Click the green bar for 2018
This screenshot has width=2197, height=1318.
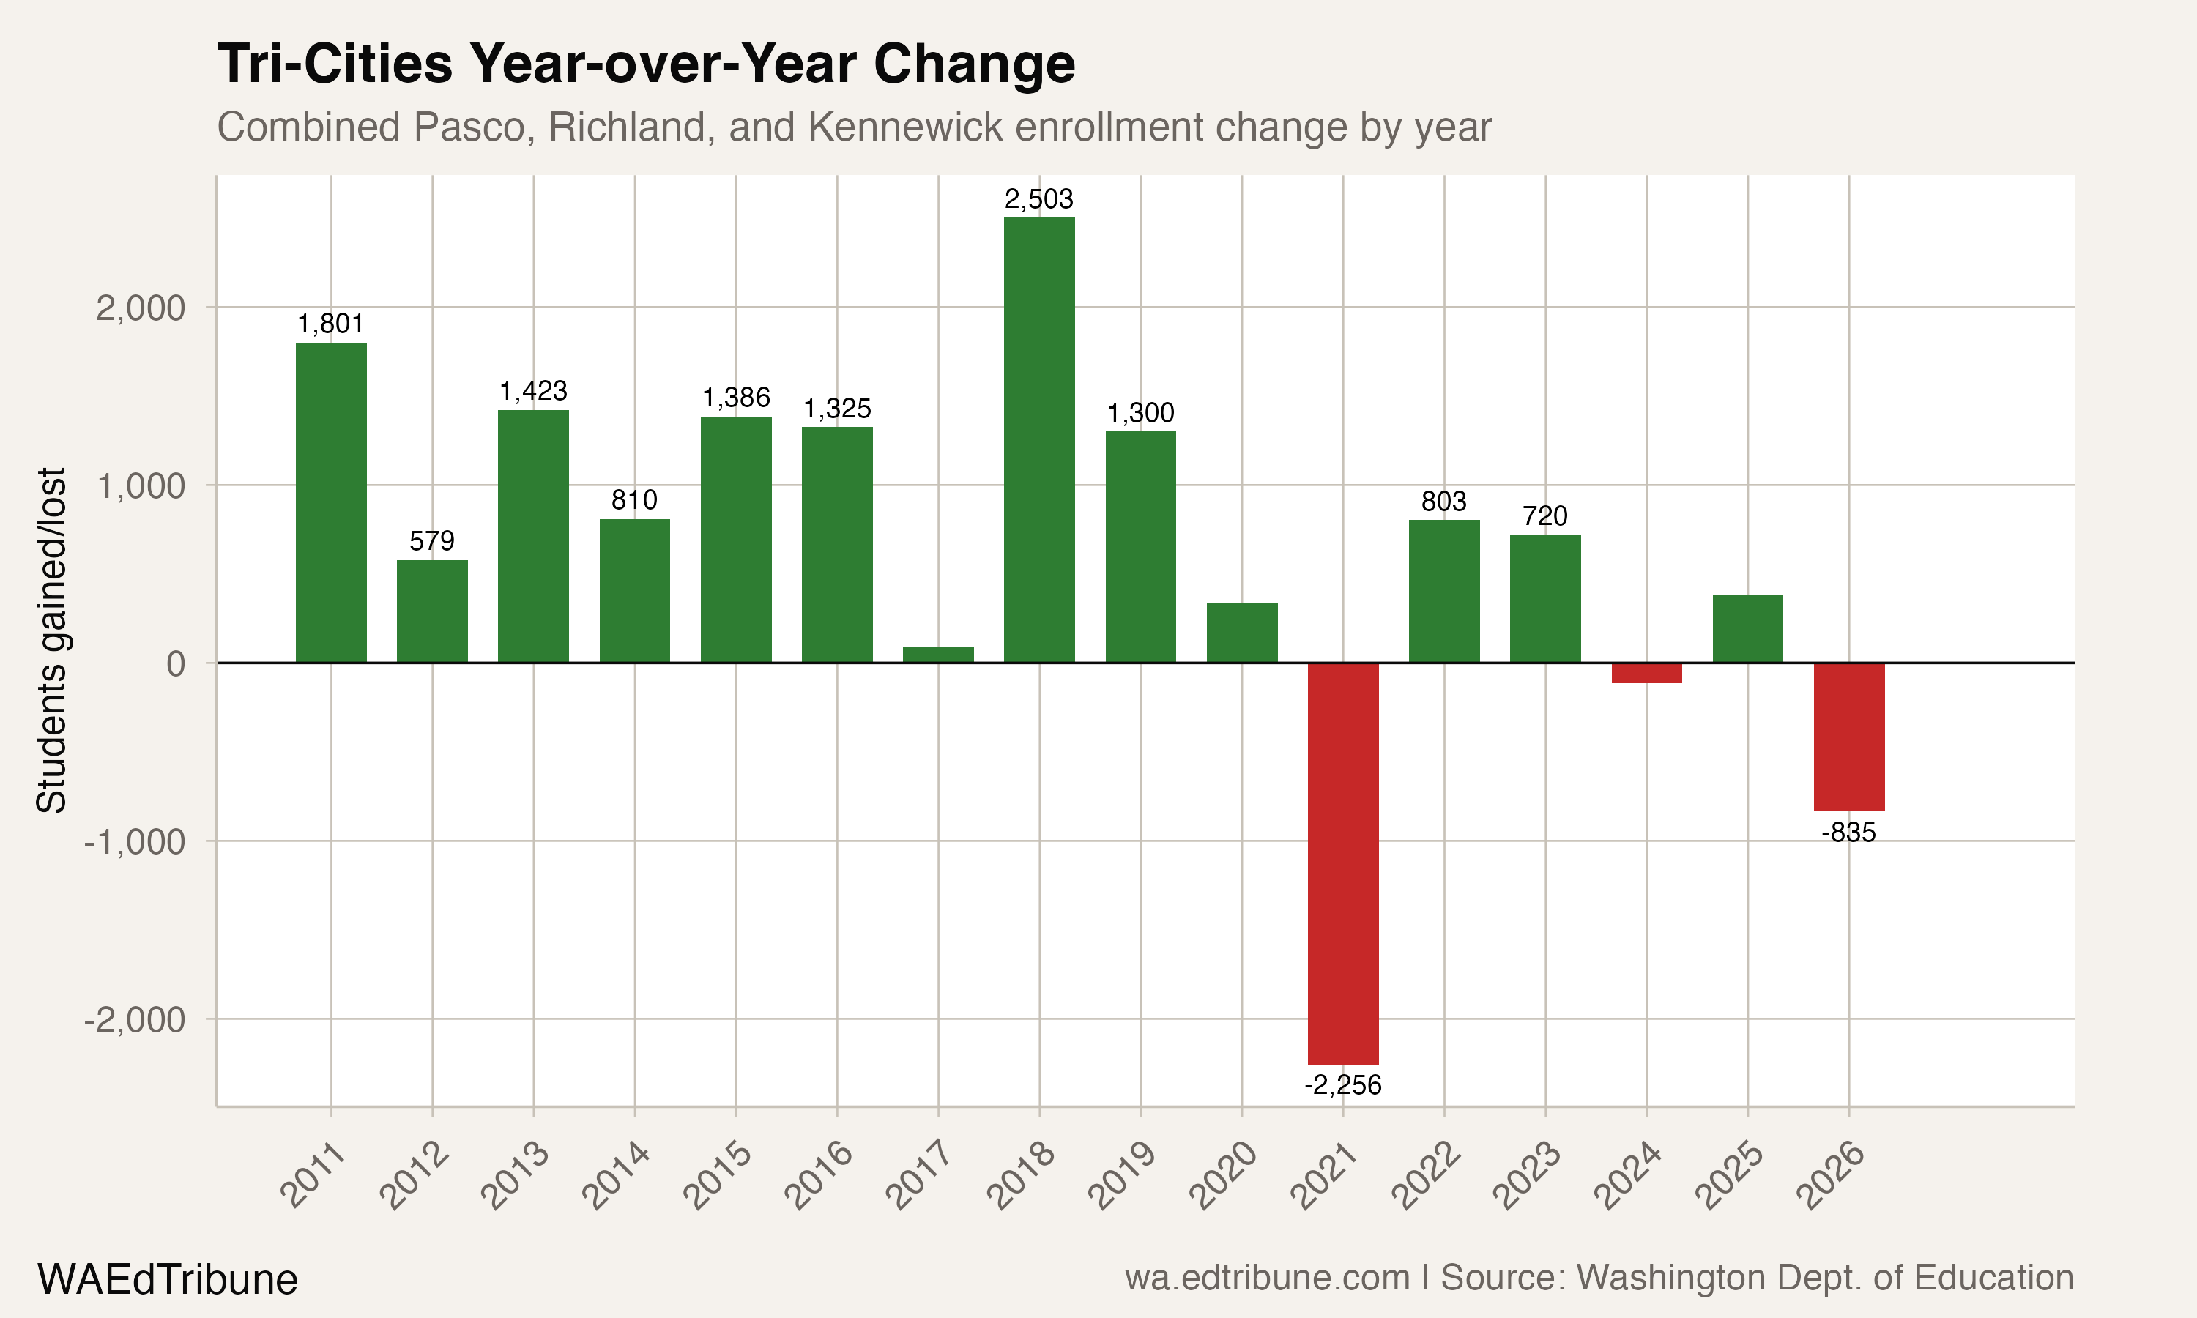(1039, 439)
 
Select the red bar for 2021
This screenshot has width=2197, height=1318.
(1342, 863)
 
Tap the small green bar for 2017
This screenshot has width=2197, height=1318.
(938, 655)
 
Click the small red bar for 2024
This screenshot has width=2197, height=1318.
(1646, 672)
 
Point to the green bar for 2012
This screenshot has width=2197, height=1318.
(431, 611)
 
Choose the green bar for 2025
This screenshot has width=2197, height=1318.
(1747, 629)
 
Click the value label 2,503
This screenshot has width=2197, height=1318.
(1039, 199)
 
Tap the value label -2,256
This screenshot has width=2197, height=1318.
(1342, 1084)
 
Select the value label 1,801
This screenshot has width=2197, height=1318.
(330, 324)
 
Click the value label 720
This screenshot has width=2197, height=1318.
(1545, 516)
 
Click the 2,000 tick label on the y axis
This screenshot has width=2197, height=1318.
(141, 308)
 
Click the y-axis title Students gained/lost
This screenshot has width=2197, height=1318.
(51, 639)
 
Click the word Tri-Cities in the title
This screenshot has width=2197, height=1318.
(335, 64)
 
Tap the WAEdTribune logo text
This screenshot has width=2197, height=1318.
(167, 1280)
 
